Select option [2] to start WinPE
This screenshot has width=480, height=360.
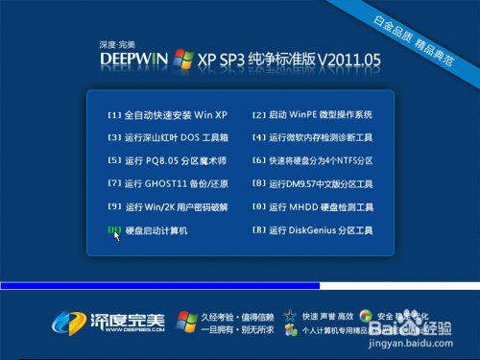pos(312,114)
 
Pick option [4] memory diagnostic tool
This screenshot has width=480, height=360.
pos(313,137)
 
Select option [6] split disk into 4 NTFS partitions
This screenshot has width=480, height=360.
pos(313,160)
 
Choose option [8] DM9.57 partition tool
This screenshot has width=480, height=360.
pos(313,183)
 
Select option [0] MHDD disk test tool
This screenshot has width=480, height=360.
pos(313,206)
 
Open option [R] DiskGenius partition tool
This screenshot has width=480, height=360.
pos(313,230)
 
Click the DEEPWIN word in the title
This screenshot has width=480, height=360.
pos(134,60)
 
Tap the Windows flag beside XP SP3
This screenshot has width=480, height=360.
pos(182,58)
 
